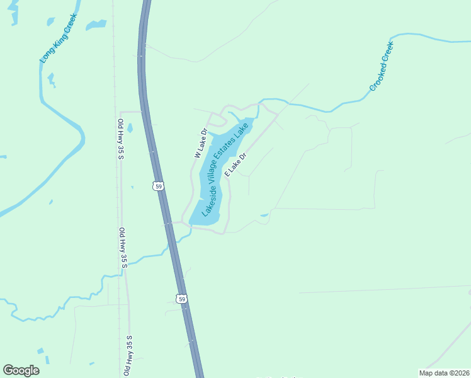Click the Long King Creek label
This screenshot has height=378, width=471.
click(58, 38)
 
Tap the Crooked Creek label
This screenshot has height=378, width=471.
click(381, 66)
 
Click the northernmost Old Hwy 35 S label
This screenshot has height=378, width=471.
click(121, 139)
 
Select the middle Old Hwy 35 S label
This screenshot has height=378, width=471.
click(123, 248)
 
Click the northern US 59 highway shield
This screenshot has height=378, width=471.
click(159, 185)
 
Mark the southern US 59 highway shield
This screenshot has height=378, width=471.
click(182, 298)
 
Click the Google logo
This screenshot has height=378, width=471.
click(21, 370)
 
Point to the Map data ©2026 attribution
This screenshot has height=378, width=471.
click(443, 373)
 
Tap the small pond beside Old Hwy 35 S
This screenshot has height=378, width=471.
click(130, 129)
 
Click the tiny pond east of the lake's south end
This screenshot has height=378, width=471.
click(264, 215)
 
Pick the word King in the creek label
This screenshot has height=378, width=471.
click(60, 35)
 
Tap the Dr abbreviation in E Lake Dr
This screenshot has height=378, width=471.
click(243, 155)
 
